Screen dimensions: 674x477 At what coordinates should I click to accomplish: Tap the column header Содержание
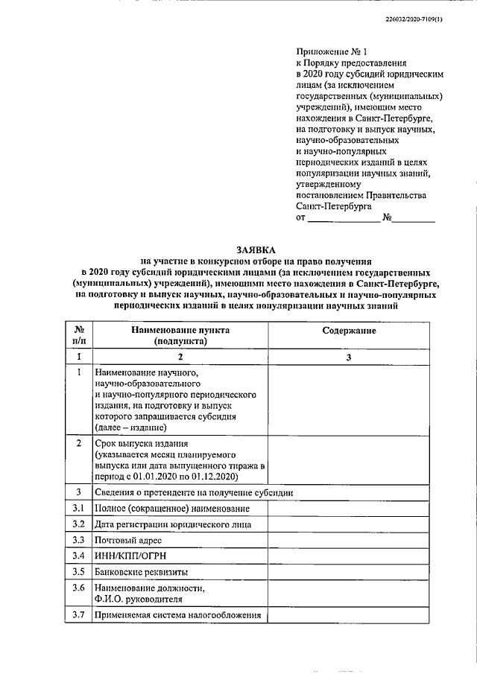point(349,330)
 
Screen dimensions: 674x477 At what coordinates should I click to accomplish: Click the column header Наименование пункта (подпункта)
point(180,335)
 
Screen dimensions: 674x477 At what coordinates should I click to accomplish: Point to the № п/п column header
point(79,335)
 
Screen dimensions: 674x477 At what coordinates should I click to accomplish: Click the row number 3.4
point(79,556)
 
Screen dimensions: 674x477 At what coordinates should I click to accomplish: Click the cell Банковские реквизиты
point(141,572)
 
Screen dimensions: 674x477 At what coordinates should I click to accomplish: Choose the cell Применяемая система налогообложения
point(178,615)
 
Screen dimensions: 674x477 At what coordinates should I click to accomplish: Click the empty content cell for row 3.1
point(349,509)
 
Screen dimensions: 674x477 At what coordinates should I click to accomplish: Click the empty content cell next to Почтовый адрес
point(349,540)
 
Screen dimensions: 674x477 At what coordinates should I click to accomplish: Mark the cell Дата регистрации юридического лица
point(173,524)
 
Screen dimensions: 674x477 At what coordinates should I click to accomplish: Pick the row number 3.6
point(79,588)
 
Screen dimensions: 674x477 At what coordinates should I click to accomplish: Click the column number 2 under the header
point(180,357)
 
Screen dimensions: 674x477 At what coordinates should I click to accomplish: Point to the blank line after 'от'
point(344,219)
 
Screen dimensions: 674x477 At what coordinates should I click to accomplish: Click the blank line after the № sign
point(414,219)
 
